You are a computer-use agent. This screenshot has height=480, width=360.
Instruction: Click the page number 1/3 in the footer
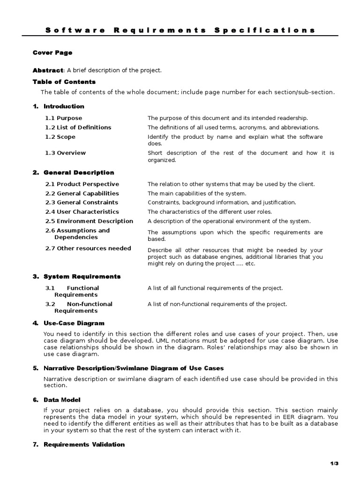pyautogui.click(x=334, y=464)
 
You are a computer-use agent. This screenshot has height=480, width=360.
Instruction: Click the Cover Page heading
pyautogui.click(x=52, y=53)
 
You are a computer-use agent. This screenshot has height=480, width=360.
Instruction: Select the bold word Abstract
pyautogui.click(x=47, y=70)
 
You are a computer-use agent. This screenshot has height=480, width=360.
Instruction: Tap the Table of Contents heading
pyautogui.click(x=64, y=82)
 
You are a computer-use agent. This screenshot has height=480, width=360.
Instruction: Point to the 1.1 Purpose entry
pyautogui.click(x=63, y=118)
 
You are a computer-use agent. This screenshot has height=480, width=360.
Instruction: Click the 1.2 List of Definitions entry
pyautogui.click(x=78, y=127)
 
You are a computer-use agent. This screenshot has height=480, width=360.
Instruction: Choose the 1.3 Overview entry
pyautogui.click(x=65, y=153)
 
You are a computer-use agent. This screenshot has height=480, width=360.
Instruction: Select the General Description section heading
pyautogui.click(x=78, y=172)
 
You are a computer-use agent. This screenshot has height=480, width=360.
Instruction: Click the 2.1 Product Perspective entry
pyautogui.click(x=82, y=184)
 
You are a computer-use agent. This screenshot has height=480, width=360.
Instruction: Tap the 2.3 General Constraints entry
pyautogui.click(x=81, y=202)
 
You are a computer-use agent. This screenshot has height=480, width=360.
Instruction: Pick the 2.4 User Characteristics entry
pyautogui.click(x=82, y=212)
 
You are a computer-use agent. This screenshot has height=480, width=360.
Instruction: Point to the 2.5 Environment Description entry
pyautogui.click(x=89, y=221)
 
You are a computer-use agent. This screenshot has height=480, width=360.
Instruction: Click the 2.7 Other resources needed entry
pyautogui.click(x=88, y=248)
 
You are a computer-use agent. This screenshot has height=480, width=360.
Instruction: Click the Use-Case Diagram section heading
pyautogui.click(x=74, y=323)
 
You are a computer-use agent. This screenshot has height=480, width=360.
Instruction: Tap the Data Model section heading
pyautogui.click(x=62, y=400)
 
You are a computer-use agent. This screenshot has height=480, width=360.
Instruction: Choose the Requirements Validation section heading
pyautogui.click(x=84, y=444)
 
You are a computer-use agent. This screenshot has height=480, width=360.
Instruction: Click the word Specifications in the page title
pyautogui.click(x=264, y=30)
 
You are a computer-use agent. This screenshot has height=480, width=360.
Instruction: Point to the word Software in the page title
pyautogui.click(x=75, y=30)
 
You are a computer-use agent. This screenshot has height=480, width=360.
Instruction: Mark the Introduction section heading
pyautogui.click(x=64, y=106)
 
